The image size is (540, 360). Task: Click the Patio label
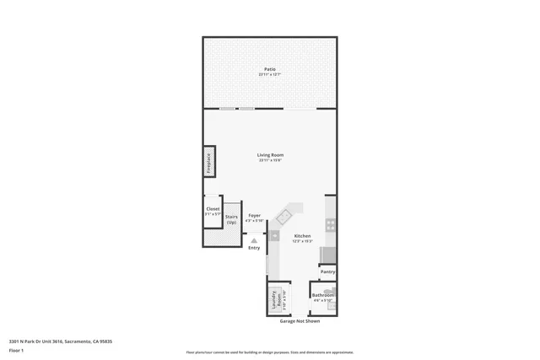point(270,69)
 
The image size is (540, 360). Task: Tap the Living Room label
point(270,155)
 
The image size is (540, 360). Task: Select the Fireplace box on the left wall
point(208,162)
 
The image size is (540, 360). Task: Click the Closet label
point(213,209)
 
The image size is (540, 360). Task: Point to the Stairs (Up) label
point(231,219)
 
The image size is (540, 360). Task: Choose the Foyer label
point(254,216)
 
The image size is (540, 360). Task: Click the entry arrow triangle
point(254,240)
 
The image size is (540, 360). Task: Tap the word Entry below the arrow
point(254,248)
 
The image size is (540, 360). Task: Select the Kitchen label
point(302,236)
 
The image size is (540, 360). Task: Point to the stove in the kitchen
point(331,225)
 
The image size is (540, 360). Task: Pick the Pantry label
point(328,271)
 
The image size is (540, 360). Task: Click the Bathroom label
point(323,295)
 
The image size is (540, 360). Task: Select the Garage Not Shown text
point(300,321)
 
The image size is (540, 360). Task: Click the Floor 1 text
point(16,350)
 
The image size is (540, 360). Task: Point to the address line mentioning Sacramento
point(61,341)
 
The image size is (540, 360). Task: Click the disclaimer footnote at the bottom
point(270,352)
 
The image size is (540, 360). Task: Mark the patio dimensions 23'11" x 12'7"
point(270,75)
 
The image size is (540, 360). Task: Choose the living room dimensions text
point(270,161)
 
